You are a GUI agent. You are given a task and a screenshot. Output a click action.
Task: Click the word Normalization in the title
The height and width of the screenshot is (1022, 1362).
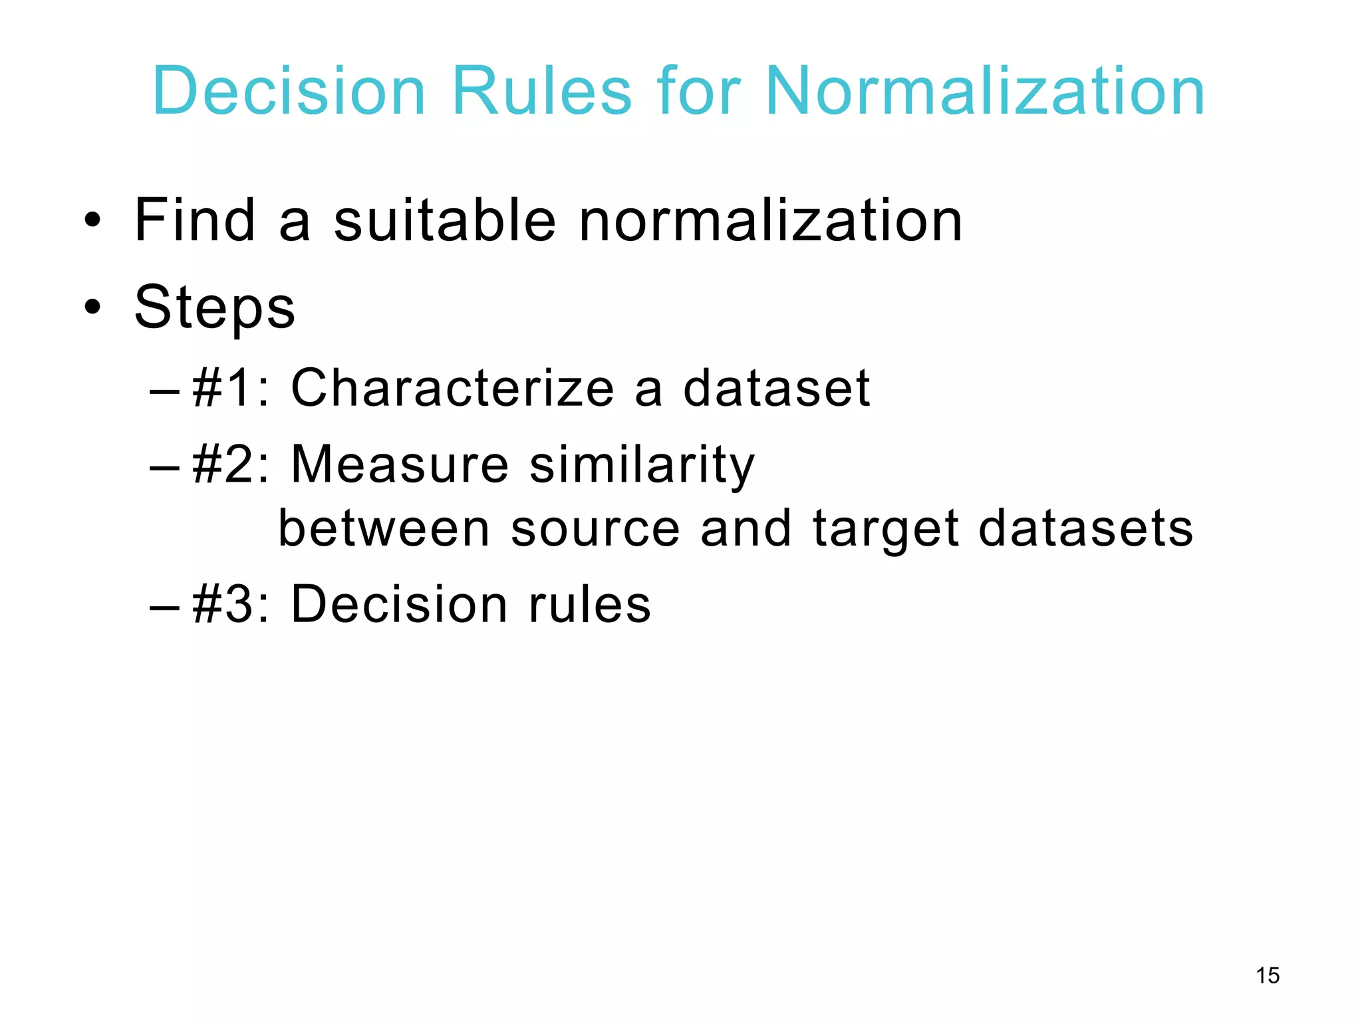pos(985,91)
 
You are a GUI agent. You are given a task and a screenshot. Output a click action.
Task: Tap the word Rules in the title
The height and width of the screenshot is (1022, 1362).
pos(541,91)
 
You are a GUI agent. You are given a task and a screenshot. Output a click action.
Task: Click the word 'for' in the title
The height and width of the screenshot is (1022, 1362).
pos(698,91)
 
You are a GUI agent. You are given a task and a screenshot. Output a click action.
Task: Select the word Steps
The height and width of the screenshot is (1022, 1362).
pos(215,308)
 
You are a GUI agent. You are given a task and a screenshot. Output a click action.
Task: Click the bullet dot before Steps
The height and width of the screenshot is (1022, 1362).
pos(92,307)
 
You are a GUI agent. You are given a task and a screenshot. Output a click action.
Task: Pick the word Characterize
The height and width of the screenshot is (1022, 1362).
pos(452,388)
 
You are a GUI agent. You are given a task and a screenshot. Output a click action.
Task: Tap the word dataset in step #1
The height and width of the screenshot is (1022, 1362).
pos(776,388)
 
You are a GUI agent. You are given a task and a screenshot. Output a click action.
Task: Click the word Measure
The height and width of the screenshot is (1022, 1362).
pos(400,464)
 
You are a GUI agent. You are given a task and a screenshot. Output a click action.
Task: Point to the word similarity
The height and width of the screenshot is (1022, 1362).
pos(642,465)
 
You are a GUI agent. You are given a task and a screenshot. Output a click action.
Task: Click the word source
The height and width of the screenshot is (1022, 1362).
pos(595,529)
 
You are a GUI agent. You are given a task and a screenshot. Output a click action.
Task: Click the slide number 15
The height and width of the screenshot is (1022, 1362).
pos(1268,975)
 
